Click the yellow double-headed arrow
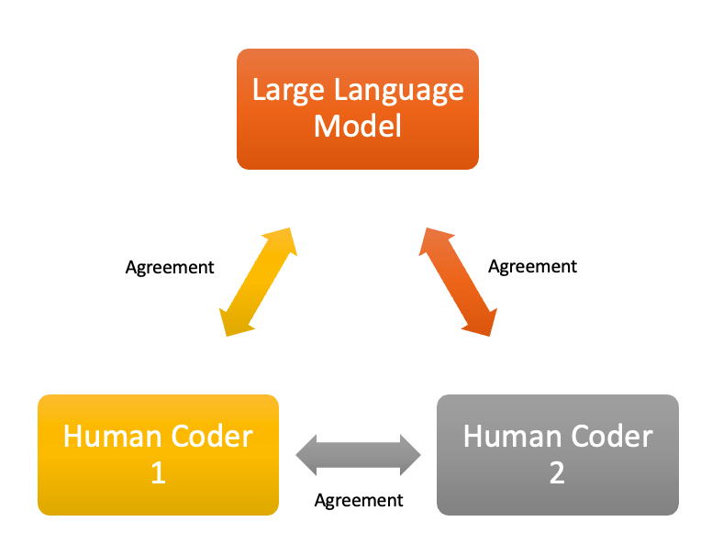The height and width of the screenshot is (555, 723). pos(258,282)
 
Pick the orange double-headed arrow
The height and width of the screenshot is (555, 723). pos(459,282)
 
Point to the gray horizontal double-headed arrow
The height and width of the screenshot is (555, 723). pos(358,454)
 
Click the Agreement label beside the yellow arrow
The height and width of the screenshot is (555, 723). pos(170,268)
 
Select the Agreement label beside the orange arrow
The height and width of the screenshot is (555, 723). pos(532,267)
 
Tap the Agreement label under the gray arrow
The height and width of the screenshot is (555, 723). pos(359,501)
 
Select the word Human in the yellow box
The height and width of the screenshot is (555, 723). pos(110,436)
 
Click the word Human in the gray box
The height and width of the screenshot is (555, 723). pos(509,436)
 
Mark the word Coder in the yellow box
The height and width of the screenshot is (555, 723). pos(210,436)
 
